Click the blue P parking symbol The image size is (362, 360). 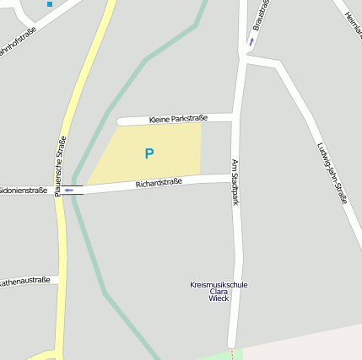pyautogui.click(x=149, y=153)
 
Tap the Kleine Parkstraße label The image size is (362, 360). pyautogui.click(x=178, y=120)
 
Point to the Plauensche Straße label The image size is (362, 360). pyautogui.click(x=61, y=166)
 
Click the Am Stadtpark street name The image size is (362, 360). pyautogui.click(x=235, y=183)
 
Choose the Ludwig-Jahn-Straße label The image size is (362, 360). pyautogui.click(x=332, y=173)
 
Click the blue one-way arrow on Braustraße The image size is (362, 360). pyautogui.click(x=251, y=40)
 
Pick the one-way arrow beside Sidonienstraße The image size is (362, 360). pyautogui.click(x=69, y=191)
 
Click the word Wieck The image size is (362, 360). pyautogui.click(x=219, y=298)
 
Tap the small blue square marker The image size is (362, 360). pyautogui.click(x=50, y=4)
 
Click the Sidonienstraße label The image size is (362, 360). pyautogui.click(x=24, y=191)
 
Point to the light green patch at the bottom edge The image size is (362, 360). pyautogui.click(x=236, y=354)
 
